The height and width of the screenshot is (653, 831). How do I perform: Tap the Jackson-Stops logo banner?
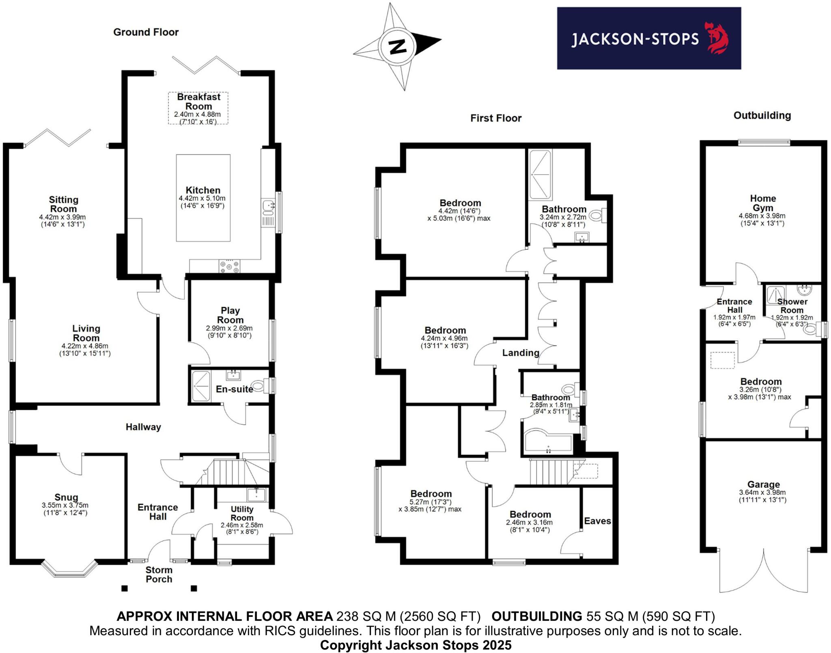pyautogui.click(x=648, y=38)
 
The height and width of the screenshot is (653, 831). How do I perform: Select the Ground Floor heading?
pyautogui.click(x=146, y=32)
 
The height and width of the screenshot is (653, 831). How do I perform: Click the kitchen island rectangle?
pyautogui.click(x=203, y=198)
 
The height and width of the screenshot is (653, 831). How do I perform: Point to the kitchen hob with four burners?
pyautogui.click(x=229, y=266)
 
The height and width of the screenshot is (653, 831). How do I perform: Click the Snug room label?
pyautogui.click(x=66, y=497)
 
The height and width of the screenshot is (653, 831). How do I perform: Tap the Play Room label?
pyautogui.click(x=230, y=315)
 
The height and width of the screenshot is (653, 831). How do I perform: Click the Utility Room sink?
pyautogui.click(x=256, y=495)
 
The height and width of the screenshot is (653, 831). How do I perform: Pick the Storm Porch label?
pyautogui.click(x=159, y=575)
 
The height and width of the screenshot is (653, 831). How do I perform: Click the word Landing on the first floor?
pyautogui.click(x=521, y=352)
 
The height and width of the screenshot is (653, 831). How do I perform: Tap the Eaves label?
pyautogui.click(x=597, y=521)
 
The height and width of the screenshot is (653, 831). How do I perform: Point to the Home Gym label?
pyautogui.click(x=763, y=203)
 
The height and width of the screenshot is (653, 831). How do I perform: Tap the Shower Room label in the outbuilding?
pyautogui.click(x=792, y=306)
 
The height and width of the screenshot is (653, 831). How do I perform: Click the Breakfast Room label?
pyautogui.click(x=198, y=102)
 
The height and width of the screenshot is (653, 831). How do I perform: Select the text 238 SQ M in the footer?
pyautogui.click(x=366, y=616)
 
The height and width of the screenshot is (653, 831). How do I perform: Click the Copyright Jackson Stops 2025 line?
pyautogui.click(x=415, y=645)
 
